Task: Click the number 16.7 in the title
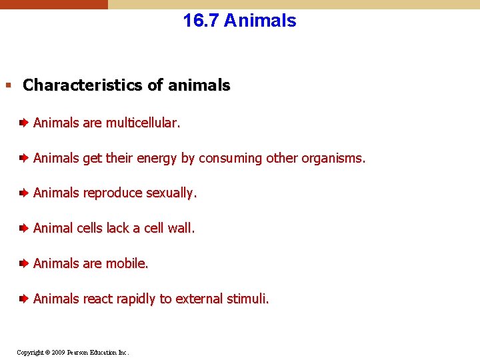(x=201, y=21)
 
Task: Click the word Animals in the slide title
(x=260, y=21)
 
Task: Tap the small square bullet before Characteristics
(x=8, y=85)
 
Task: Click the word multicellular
(x=142, y=123)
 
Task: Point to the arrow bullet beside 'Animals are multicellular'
(x=23, y=123)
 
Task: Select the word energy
(x=157, y=158)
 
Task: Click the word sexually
(x=171, y=193)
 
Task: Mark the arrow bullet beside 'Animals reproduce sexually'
(x=23, y=193)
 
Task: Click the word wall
(x=181, y=228)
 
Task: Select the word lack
(x=117, y=228)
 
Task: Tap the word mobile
(x=126, y=263)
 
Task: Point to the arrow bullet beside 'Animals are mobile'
(x=23, y=263)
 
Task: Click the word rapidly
(x=137, y=299)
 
